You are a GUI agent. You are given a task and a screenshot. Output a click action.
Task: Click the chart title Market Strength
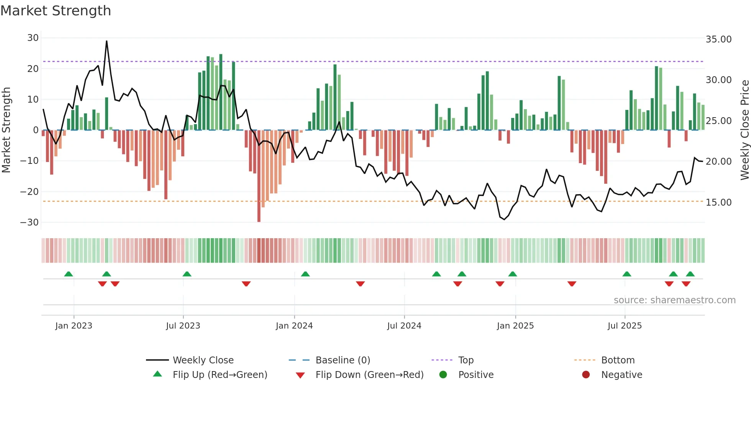tap(56, 11)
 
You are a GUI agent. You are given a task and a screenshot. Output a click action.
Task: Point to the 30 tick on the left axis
tap(33, 38)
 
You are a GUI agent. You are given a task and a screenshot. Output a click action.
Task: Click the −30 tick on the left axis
tap(30, 222)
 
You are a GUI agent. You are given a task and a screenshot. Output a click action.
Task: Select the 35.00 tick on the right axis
tap(718, 39)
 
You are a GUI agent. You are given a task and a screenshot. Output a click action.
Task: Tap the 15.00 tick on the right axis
tap(718, 203)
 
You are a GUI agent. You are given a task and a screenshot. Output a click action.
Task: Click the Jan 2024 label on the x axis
tap(294, 326)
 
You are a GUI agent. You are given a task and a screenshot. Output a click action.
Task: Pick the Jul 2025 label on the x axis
tap(624, 326)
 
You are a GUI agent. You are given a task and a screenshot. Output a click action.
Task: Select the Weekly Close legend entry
tap(203, 360)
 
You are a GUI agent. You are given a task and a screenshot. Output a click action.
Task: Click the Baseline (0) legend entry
tap(343, 360)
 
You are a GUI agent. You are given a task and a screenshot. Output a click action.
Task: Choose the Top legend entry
tap(466, 360)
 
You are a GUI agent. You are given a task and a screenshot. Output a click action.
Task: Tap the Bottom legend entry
tap(618, 360)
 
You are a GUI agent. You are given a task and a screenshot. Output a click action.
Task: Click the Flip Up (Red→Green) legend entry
tap(220, 375)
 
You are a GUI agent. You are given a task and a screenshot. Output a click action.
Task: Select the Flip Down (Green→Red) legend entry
tap(369, 375)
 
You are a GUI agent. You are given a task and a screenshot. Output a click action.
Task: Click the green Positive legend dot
tap(443, 375)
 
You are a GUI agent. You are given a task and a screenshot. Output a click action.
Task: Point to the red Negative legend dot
tap(585, 375)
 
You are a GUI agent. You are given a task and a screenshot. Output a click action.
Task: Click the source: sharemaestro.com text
tap(674, 300)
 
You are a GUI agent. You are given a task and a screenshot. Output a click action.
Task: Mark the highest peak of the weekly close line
tap(107, 41)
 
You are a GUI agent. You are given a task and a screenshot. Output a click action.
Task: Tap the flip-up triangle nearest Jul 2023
tap(187, 274)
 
